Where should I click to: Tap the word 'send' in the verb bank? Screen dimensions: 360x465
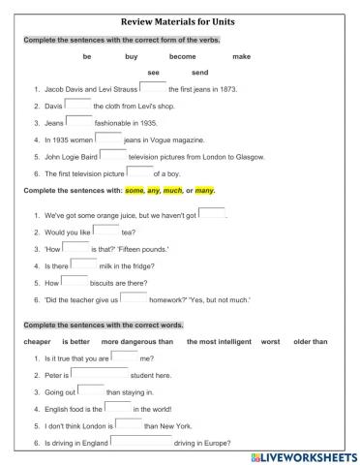200,73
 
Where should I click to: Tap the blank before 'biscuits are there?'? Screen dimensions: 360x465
75,282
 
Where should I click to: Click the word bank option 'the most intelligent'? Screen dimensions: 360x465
219,341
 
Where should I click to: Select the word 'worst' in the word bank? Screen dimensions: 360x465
270,341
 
